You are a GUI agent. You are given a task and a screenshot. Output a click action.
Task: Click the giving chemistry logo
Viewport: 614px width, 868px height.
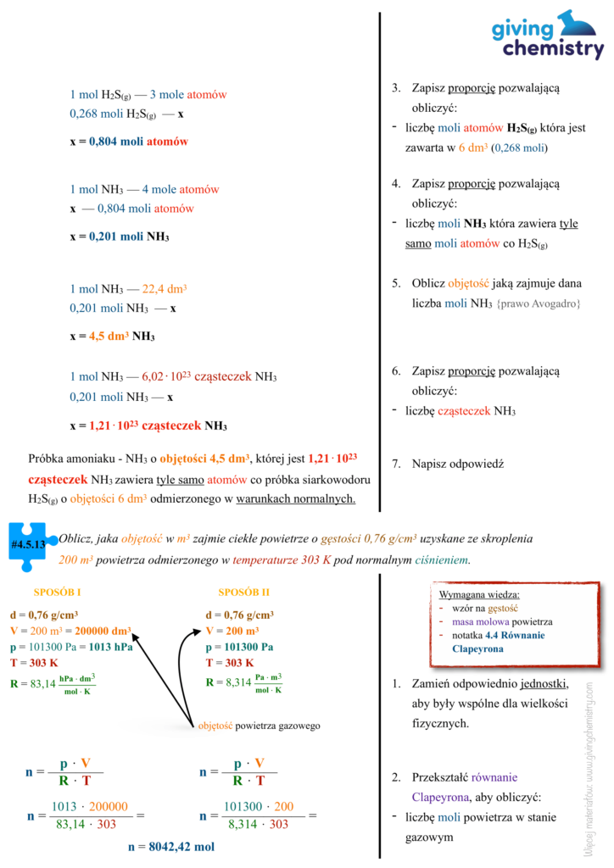pos(548,35)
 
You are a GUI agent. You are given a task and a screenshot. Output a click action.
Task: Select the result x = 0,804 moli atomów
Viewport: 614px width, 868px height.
pos(129,142)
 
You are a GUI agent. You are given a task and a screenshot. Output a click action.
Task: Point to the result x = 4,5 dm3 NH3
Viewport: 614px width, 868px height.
pos(112,336)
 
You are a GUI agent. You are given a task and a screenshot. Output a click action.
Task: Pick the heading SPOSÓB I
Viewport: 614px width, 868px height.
pos(58,592)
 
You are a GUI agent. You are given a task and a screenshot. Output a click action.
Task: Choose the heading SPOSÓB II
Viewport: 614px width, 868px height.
pos(243,592)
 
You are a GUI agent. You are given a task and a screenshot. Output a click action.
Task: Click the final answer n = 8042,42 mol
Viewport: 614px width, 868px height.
pos(170,846)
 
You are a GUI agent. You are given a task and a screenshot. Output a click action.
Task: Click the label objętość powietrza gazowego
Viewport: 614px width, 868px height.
pos(258,726)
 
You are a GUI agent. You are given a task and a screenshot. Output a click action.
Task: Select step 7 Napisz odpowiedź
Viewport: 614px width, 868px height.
pos(458,464)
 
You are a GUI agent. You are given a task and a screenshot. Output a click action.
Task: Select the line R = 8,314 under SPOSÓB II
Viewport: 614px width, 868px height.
pos(244,682)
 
